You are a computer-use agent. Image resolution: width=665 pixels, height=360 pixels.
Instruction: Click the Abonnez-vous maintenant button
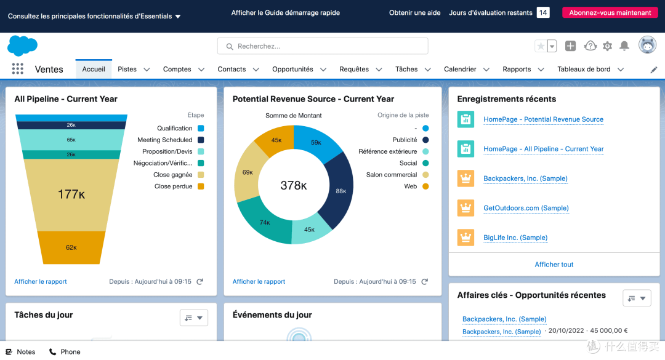click(x=610, y=13)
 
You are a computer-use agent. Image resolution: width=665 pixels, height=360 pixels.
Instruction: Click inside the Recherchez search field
click(x=323, y=46)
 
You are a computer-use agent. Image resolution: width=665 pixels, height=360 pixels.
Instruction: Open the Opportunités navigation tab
click(x=292, y=69)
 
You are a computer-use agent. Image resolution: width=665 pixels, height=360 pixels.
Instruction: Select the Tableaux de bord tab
click(x=584, y=69)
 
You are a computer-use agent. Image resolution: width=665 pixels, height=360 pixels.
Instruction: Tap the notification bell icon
click(x=624, y=46)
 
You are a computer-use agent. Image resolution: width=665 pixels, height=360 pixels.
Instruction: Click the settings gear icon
click(x=607, y=46)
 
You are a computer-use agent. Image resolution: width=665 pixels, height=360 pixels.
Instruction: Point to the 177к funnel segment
click(x=71, y=194)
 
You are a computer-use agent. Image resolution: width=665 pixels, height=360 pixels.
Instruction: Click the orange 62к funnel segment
click(x=71, y=247)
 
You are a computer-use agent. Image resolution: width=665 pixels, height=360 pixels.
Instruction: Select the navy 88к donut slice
click(x=337, y=191)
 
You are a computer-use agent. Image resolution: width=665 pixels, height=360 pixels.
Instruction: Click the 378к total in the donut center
click(x=294, y=185)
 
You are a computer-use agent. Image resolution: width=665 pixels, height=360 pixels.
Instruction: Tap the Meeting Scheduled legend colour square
click(x=201, y=140)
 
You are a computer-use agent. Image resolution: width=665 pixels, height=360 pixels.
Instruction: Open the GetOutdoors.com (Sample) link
click(x=526, y=208)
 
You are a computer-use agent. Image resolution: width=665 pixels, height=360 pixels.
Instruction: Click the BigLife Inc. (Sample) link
click(x=515, y=238)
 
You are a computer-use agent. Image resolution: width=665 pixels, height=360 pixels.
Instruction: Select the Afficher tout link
click(x=554, y=265)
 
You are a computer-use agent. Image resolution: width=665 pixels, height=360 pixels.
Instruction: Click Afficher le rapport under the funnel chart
click(x=41, y=282)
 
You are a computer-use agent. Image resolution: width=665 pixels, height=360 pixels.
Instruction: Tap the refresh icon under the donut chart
click(x=424, y=282)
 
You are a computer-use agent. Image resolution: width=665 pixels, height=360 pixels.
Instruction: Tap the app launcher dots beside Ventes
click(x=17, y=69)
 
